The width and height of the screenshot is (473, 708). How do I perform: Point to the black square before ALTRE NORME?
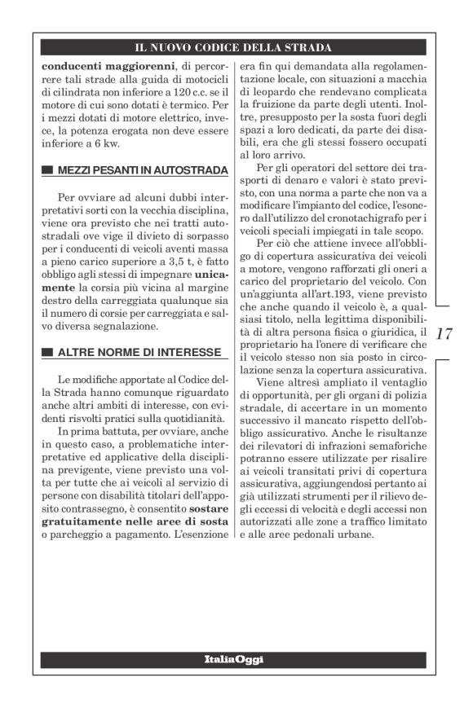point(46,353)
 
